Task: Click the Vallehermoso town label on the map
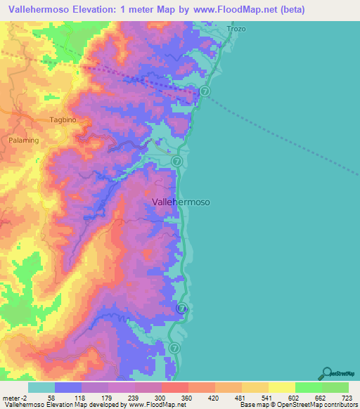pos(181,202)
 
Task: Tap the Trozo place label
pos(236,29)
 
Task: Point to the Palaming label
pos(23,140)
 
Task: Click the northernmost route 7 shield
pos(204,91)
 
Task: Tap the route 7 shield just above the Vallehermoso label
pos(176,162)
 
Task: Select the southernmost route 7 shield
pos(175,347)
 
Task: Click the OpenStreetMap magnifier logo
pos(326,372)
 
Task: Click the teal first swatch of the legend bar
pos(41,387)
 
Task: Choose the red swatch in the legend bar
pos(174,387)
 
